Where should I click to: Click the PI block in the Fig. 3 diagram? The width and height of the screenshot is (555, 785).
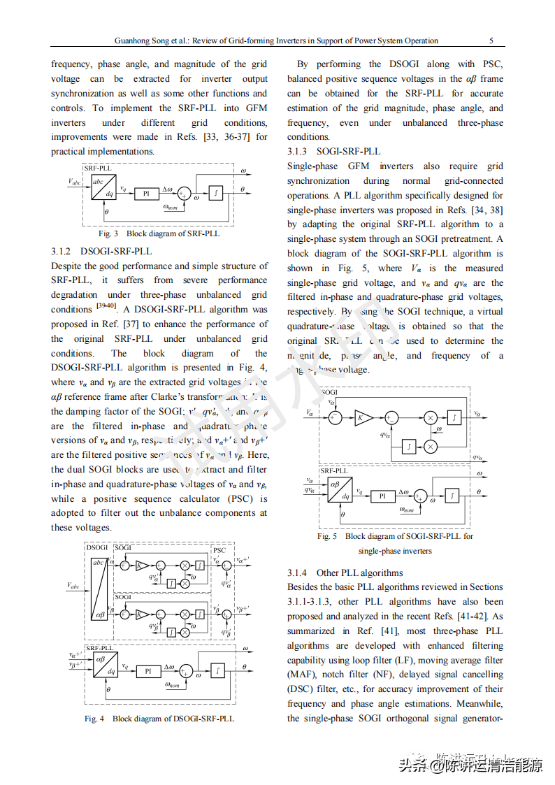(147, 194)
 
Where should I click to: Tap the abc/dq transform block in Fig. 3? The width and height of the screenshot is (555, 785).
(103, 189)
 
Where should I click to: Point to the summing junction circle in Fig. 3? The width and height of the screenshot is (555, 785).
(185, 194)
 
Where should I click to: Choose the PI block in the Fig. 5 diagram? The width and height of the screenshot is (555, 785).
(382, 496)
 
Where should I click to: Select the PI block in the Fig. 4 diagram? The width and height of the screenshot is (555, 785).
(148, 671)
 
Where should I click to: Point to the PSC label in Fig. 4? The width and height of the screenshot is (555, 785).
(219, 550)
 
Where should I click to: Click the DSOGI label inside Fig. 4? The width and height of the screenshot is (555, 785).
(97, 548)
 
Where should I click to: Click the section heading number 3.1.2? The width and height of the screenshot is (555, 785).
(61, 251)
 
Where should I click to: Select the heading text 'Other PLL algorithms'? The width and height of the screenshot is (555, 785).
(359, 572)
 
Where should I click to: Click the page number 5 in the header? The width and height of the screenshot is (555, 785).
(491, 41)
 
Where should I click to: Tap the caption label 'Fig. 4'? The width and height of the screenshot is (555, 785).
(94, 718)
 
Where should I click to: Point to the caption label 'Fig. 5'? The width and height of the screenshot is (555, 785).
(327, 536)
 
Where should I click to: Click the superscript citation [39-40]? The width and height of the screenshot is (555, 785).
(106, 306)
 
